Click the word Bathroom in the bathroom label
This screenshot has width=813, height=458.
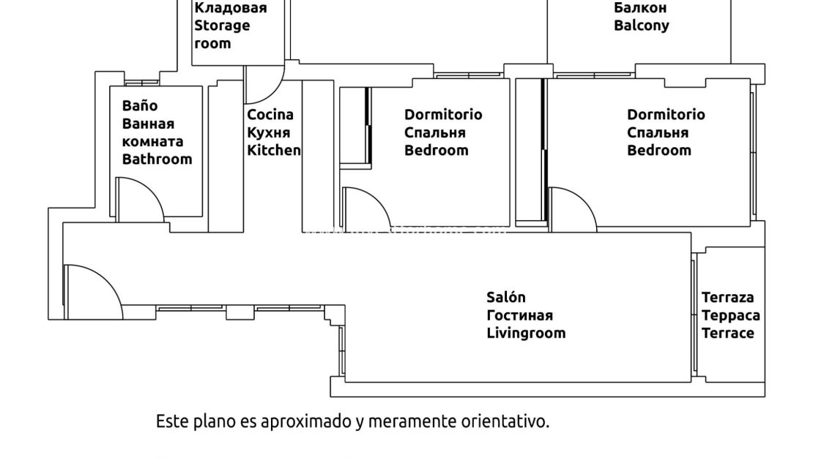click(157, 159)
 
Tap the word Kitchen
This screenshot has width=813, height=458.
click(273, 150)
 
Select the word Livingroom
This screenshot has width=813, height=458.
click(526, 333)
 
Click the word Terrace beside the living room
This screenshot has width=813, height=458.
click(727, 333)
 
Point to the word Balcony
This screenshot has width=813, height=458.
click(641, 26)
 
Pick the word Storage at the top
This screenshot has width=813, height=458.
click(221, 26)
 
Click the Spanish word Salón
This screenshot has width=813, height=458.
click(506, 297)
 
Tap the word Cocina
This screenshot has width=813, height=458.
click(270, 114)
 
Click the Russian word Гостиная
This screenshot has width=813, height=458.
click(519, 315)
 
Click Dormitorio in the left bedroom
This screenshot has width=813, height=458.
click(443, 114)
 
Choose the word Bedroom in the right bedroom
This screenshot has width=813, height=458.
click(658, 150)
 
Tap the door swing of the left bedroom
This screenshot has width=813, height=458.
click(366, 206)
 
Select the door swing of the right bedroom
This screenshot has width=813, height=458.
click(571, 207)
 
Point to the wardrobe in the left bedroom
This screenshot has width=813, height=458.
click(355, 126)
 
